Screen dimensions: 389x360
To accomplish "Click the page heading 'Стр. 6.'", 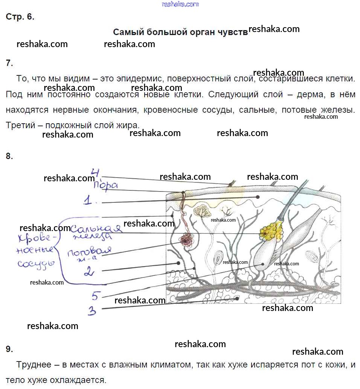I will pyautogui.click(x=20, y=17).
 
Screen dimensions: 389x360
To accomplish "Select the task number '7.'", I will pyautogui.click(x=9, y=63).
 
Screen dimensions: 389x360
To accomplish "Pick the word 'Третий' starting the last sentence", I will pyautogui.click(x=19, y=125).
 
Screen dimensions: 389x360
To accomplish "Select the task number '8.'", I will pyautogui.click(x=9, y=156).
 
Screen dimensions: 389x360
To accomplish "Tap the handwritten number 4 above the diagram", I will pyautogui.click(x=95, y=173).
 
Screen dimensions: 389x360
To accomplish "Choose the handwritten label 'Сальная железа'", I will pyautogui.click(x=96, y=231).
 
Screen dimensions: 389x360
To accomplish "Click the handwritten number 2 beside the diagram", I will pyautogui.click(x=89, y=271).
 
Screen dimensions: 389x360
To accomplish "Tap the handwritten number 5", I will pyautogui.click(x=95, y=296).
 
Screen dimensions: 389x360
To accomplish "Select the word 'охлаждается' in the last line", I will pyautogui.click(x=79, y=380).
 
